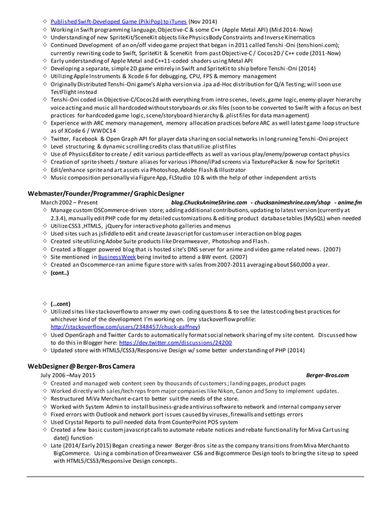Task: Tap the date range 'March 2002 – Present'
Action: point(68,202)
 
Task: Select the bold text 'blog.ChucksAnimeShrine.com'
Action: point(209,202)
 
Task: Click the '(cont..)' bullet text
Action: point(60,273)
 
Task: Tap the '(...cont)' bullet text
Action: point(60,303)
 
